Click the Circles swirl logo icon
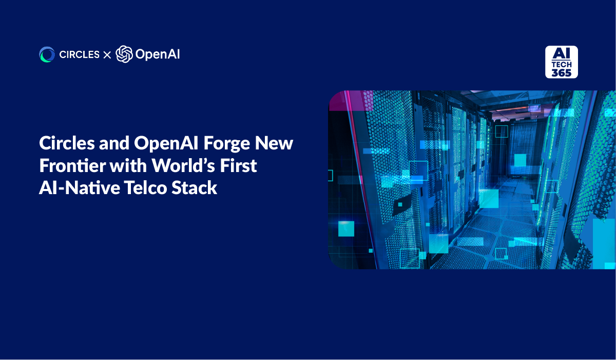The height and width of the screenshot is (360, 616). (x=47, y=54)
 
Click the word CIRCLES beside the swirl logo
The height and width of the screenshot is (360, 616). (x=79, y=54)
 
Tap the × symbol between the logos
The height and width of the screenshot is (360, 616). (x=107, y=55)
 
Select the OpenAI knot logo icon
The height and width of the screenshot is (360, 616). (x=124, y=54)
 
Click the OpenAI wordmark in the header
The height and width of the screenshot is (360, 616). (x=158, y=54)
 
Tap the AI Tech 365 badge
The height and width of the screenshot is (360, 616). (x=561, y=62)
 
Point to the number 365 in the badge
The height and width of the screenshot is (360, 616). (x=561, y=73)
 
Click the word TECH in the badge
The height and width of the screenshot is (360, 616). (x=562, y=65)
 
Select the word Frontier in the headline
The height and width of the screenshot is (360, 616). (x=72, y=165)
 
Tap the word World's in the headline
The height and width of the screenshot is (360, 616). (x=183, y=165)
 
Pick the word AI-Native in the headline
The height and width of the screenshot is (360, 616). (x=80, y=188)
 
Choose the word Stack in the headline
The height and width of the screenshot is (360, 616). (x=194, y=188)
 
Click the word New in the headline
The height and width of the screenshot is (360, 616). (x=274, y=143)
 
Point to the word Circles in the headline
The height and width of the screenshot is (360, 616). (x=67, y=143)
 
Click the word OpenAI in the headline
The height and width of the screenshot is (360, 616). (x=166, y=143)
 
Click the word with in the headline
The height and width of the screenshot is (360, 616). (x=128, y=165)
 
